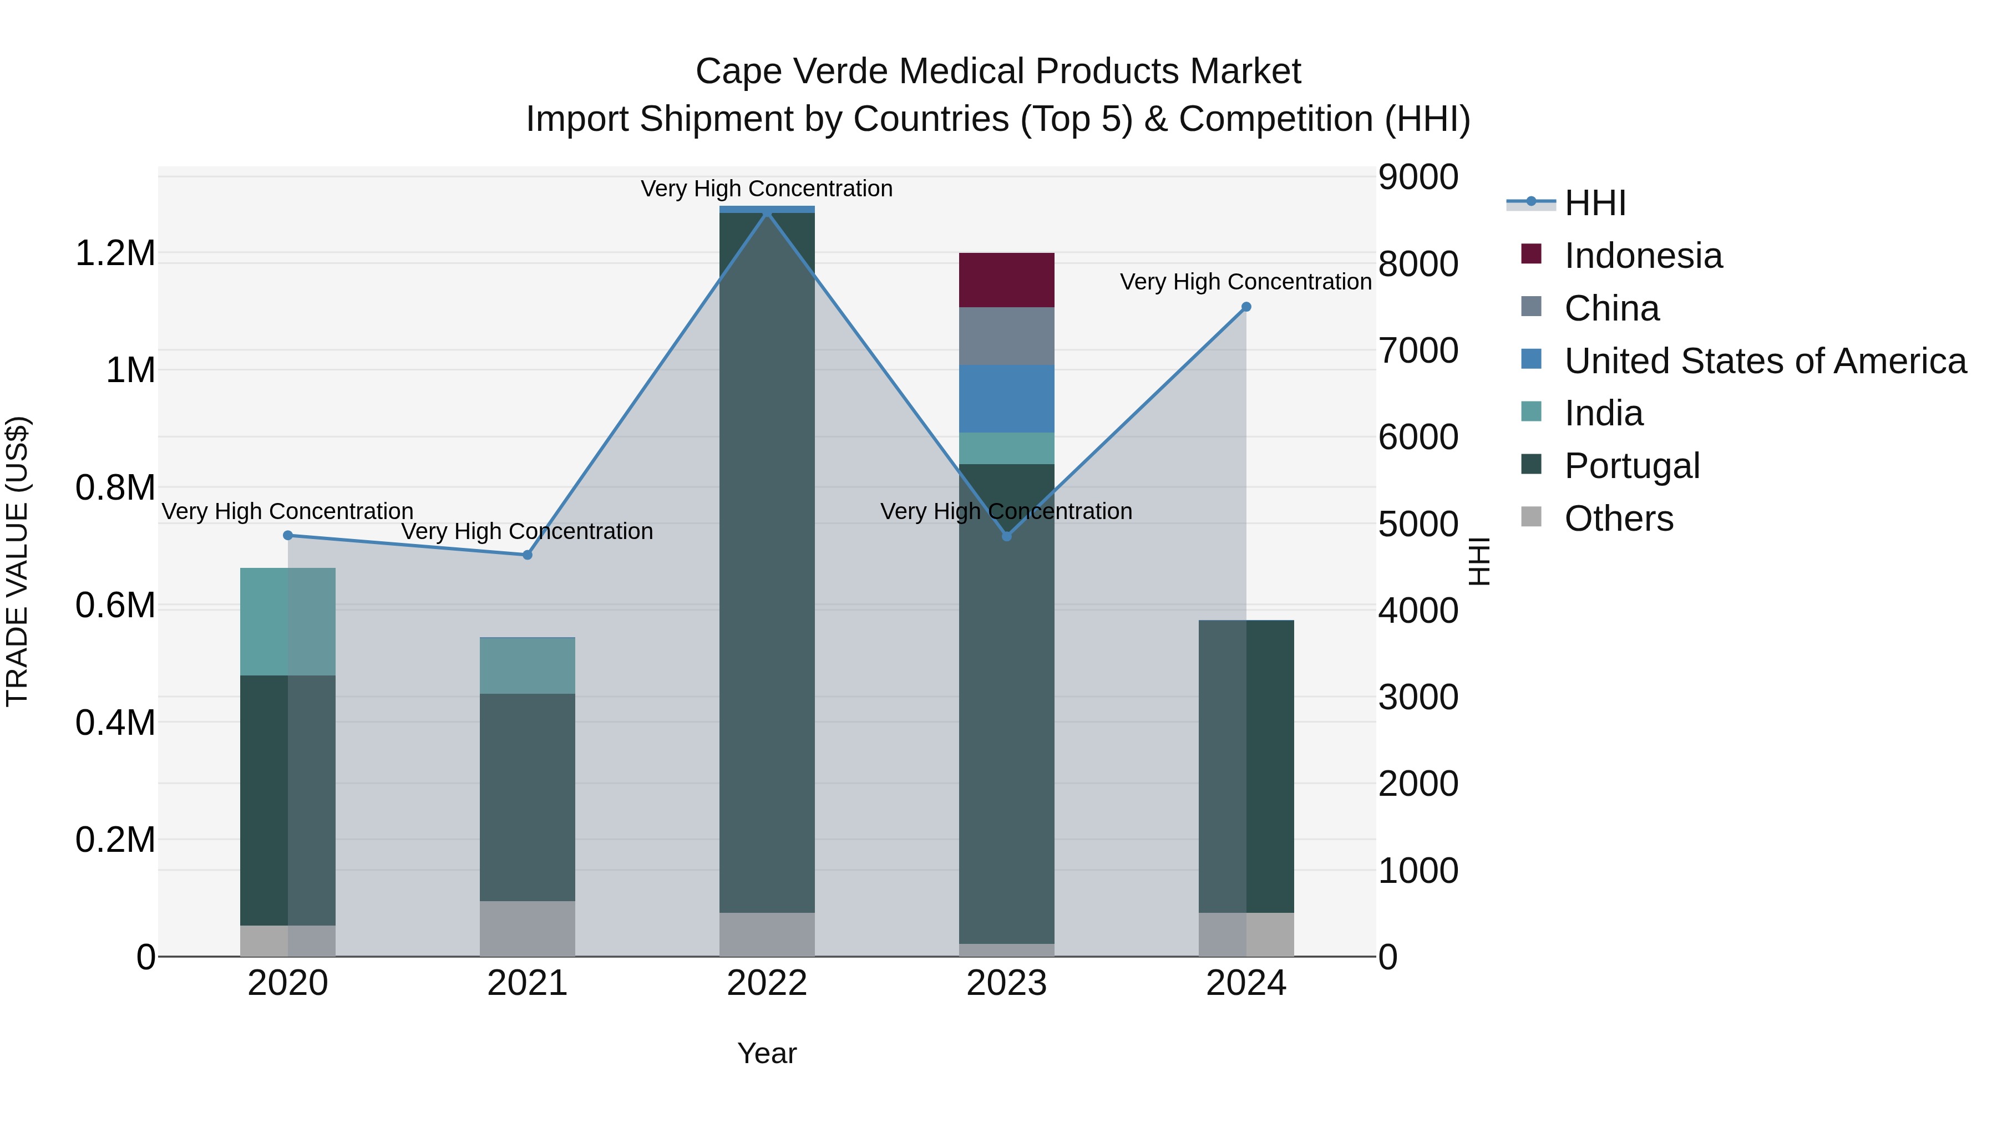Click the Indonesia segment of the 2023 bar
[x=1006, y=280]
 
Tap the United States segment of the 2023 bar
[x=1006, y=398]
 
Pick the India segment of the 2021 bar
[x=527, y=665]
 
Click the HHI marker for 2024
[x=1246, y=307]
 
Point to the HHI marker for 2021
[x=527, y=555]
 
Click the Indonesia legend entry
[x=1643, y=256]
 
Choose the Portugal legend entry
[x=1631, y=466]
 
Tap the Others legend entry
[x=1619, y=519]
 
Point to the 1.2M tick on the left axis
[x=115, y=253]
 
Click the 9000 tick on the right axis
[x=1418, y=177]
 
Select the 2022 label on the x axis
[x=767, y=983]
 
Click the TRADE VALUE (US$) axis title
[x=17, y=561]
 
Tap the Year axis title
[x=767, y=1053]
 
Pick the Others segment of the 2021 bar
[x=527, y=928]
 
